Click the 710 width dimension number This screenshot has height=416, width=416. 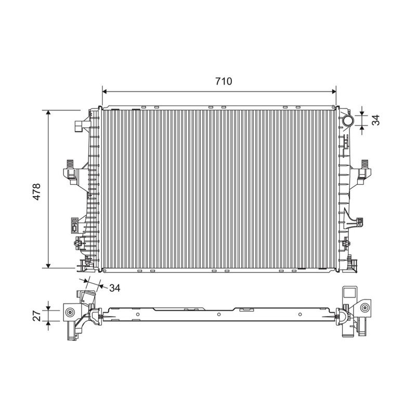pyautogui.click(x=224, y=81)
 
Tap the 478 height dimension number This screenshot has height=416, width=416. pyautogui.click(x=36, y=191)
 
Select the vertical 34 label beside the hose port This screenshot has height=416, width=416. pyautogui.click(x=375, y=120)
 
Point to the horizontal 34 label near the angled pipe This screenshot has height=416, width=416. pyautogui.click(x=115, y=288)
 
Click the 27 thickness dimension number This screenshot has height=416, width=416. pyautogui.click(x=37, y=316)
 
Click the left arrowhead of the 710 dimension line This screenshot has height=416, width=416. pyautogui.click(x=105, y=92)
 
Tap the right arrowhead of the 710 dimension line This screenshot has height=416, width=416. pyautogui.click(x=334, y=92)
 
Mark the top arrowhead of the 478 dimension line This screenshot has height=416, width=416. pyautogui.click(x=48, y=112)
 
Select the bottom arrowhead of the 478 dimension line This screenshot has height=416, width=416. pyautogui.click(x=48, y=266)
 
